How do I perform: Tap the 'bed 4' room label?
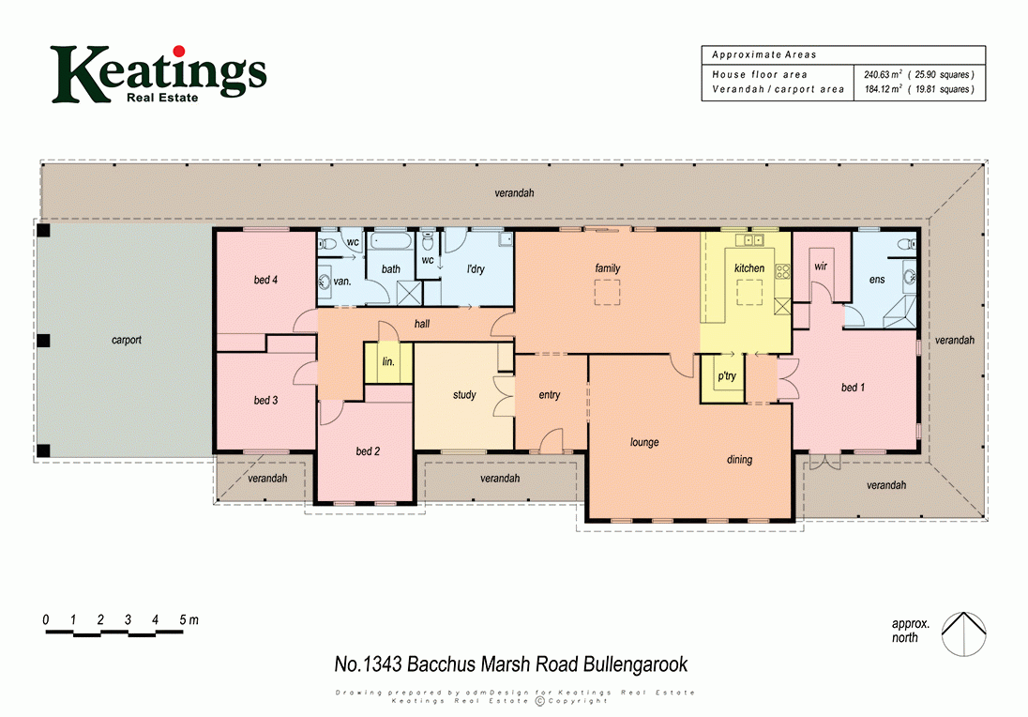[x=265, y=280]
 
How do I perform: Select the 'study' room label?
[x=464, y=395]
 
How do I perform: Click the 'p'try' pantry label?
[x=726, y=376]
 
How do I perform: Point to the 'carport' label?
[x=126, y=341]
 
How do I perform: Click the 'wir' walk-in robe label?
[x=821, y=267]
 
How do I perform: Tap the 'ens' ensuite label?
[x=877, y=280]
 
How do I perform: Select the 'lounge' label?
[x=644, y=442]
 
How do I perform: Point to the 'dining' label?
[x=739, y=460]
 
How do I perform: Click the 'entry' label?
[x=550, y=395]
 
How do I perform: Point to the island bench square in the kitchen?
[x=749, y=297]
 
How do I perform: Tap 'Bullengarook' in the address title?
[x=636, y=664]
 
